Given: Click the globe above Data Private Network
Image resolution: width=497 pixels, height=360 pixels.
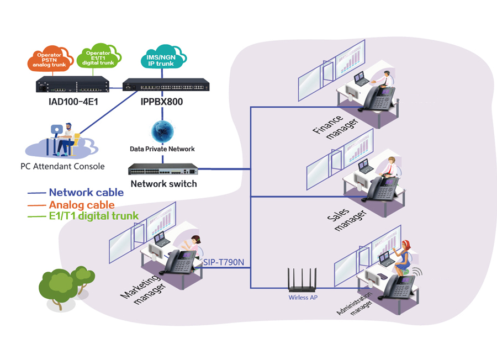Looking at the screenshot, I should pos(162,131).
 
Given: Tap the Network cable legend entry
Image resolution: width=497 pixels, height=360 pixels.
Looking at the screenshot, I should pos(86,193).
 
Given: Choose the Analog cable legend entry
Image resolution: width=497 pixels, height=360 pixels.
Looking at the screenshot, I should pos(82,204).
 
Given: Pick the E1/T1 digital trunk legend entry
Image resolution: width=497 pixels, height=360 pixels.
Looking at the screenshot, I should pos(92,216).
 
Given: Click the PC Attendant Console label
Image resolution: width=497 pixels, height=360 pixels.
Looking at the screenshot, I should pos(59,166).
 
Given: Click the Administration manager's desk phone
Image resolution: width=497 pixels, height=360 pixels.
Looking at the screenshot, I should pos(400,287).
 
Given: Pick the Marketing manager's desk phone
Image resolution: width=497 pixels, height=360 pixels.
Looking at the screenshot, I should pos(181,262).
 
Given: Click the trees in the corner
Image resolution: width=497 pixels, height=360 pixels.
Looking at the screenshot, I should pos(65,285).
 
